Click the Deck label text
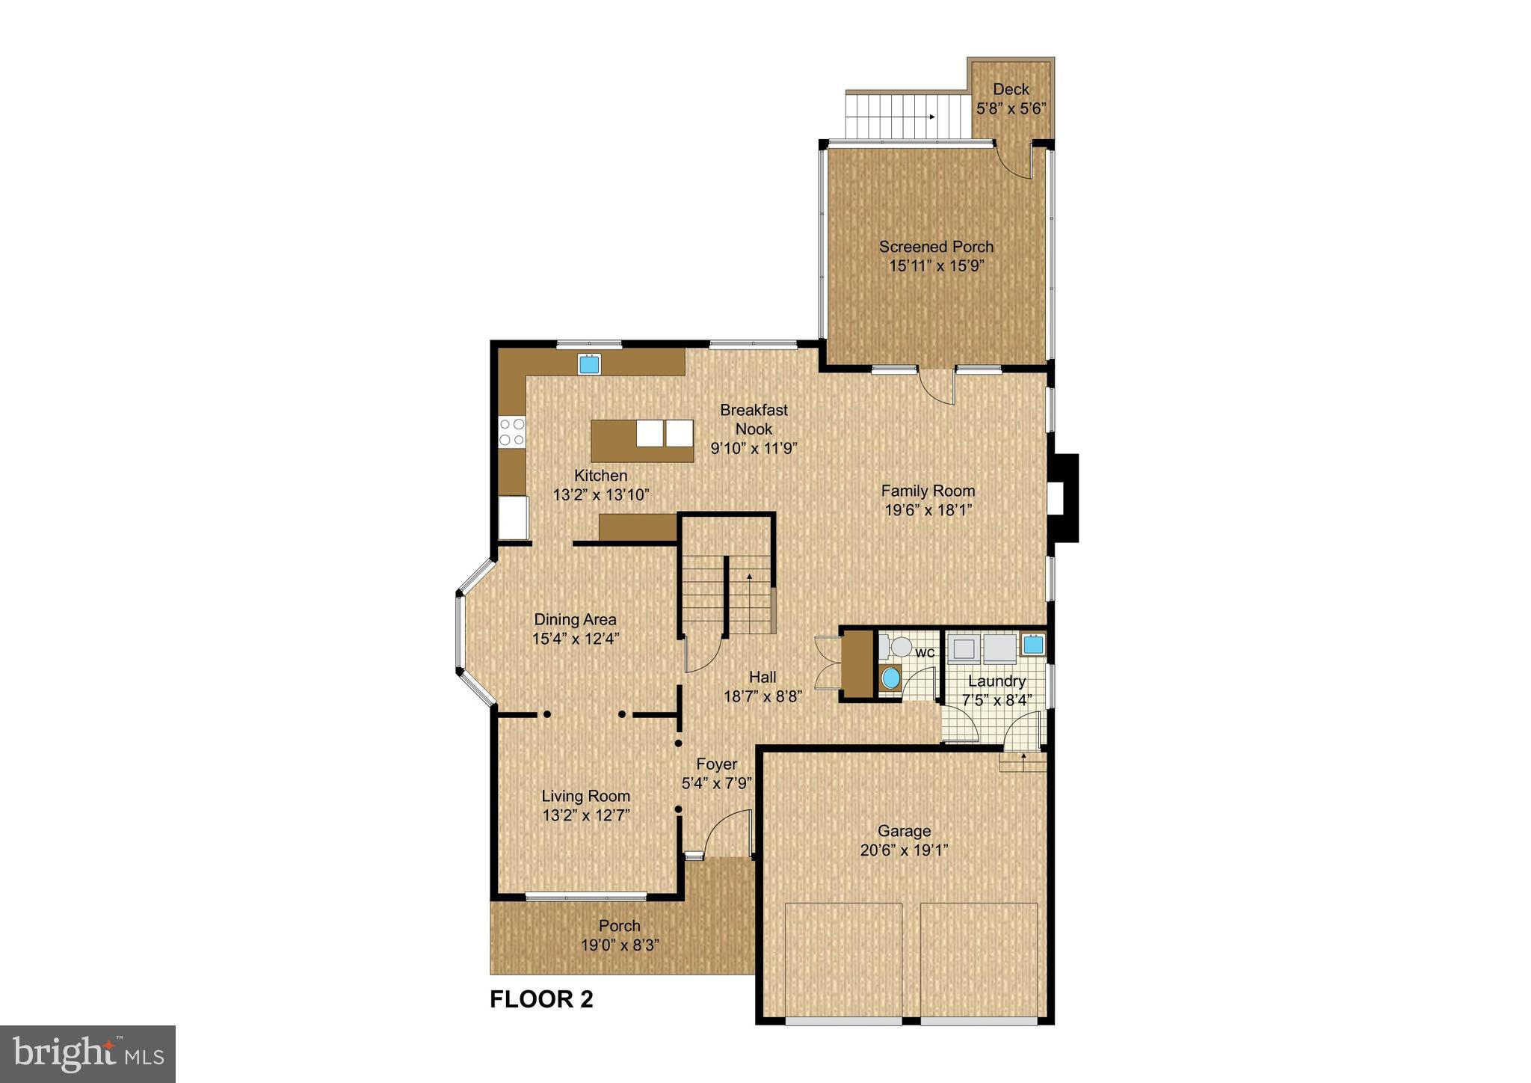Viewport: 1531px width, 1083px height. click(1011, 90)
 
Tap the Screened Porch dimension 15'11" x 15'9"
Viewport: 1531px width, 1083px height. click(936, 266)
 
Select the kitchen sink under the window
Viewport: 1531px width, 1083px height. click(589, 364)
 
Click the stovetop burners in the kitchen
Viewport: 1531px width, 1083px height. click(512, 432)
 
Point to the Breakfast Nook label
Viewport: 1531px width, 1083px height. click(754, 419)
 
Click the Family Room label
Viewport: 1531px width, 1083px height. click(928, 491)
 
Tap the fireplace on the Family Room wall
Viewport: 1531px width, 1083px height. click(1062, 497)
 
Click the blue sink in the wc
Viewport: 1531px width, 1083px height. click(891, 678)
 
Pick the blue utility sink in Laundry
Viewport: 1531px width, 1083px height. click(1032, 644)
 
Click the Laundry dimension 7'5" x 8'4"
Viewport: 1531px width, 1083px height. click(996, 700)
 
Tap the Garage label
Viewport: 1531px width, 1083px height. click(904, 830)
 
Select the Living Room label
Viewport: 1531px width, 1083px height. click(586, 796)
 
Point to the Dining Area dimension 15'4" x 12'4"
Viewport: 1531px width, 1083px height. click(576, 639)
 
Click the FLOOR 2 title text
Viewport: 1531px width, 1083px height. click(541, 999)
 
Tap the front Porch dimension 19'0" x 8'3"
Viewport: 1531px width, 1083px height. click(620, 945)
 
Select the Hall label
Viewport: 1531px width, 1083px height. click(763, 677)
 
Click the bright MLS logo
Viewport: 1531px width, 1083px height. click(88, 1054)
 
